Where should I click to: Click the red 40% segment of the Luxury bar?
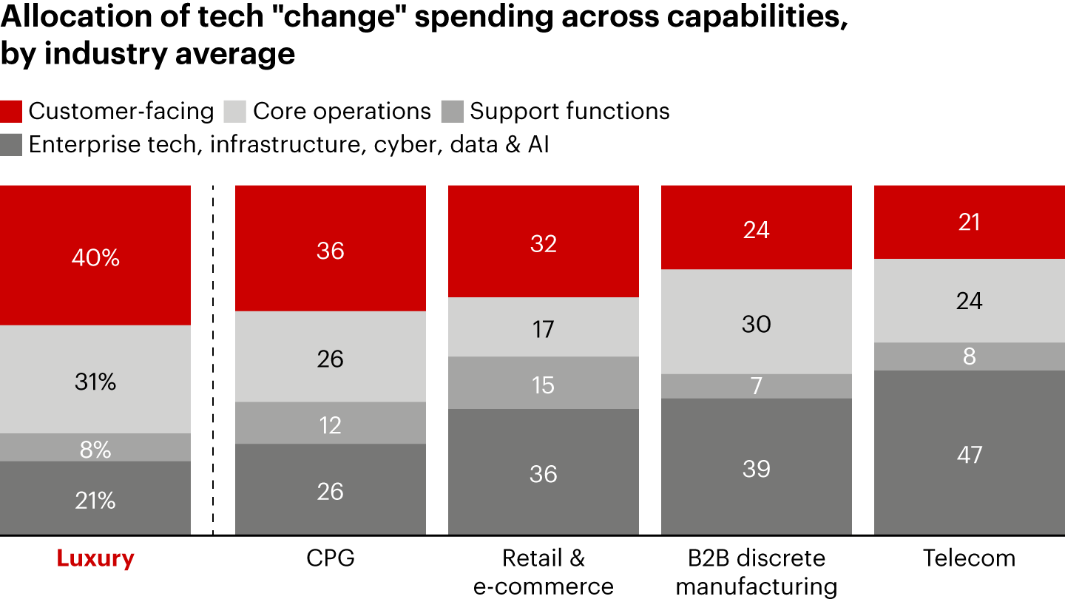pyautogui.click(x=95, y=255)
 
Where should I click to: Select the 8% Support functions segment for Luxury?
pyautogui.click(x=95, y=447)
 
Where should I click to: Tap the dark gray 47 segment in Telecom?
pyautogui.click(x=969, y=453)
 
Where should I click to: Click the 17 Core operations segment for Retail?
pyautogui.click(x=544, y=327)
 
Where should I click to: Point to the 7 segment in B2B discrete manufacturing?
pyautogui.click(x=756, y=386)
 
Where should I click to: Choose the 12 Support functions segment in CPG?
pyautogui.click(x=330, y=423)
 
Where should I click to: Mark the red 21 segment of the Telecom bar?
pyautogui.click(x=969, y=222)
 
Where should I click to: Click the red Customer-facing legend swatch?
pyautogui.click(x=12, y=111)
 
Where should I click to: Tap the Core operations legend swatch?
pyautogui.click(x=235, y=111)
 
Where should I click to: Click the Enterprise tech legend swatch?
pyautogui.click(x=12, y=144)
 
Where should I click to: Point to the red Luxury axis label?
pyautogui.click(x=95, y=558)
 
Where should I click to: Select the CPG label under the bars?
pyautogui.click(x=330, y=558)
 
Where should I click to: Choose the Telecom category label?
pyautogui.click(x=969, y=558)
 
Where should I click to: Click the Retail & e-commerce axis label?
pyautogui.click(x=544, y=572)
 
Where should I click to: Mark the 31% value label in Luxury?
pyautogui.click(x=95, y=382)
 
